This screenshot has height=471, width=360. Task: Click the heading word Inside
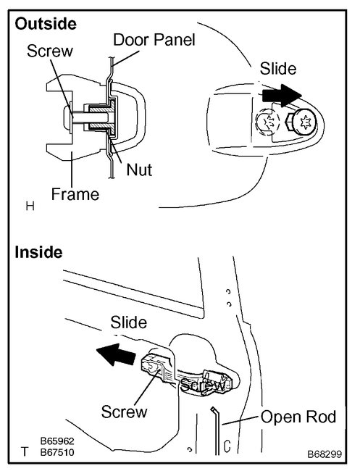click(38, 253)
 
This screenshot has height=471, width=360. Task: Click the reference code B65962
click(57, 441)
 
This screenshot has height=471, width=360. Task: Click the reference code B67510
click(57, 451)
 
